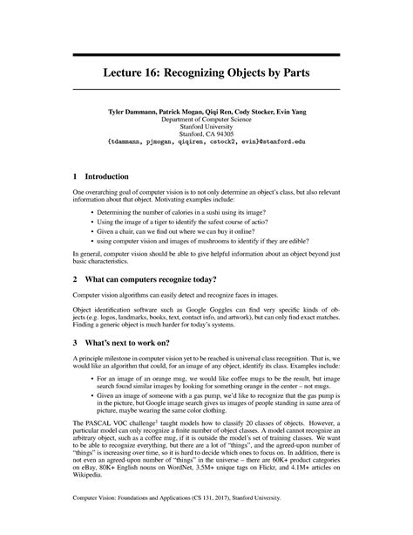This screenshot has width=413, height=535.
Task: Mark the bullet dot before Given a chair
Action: pos(91,234)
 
